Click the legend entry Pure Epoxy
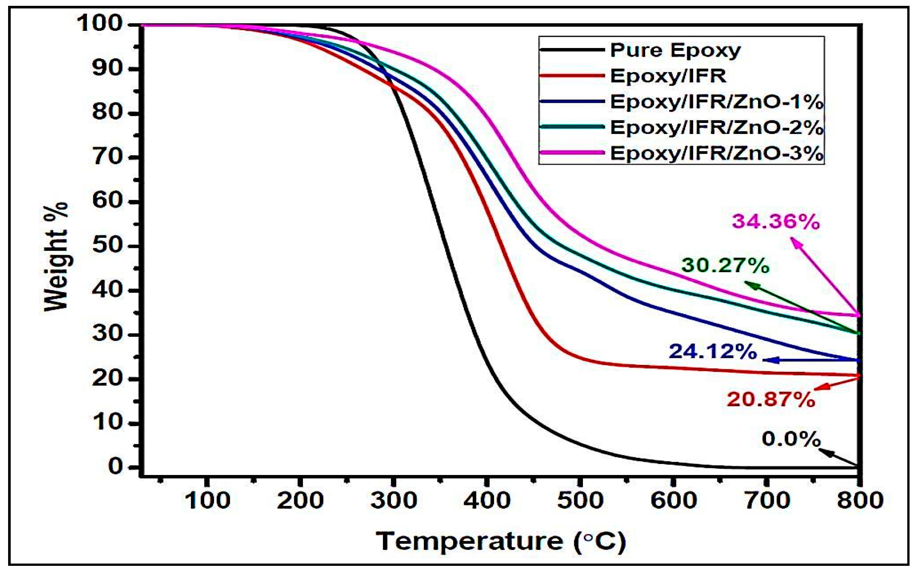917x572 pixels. pyautogui.click(x=675, y=50)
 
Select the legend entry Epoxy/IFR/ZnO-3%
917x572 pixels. pyautogui.click(x=717, y=153)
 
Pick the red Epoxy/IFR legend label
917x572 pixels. pyautogui.click(x=668, y=76)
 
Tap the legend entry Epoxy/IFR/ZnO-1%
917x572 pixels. pyautogui.click(x=717, y=102)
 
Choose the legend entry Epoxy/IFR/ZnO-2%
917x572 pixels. pyautogui.click(x=717, y=128)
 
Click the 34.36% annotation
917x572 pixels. pyautogui.click(x=776, y=222)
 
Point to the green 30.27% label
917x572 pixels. pyautogui.click(x=725, y=266)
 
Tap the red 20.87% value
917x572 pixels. pyautogui.click(x=771, y=400)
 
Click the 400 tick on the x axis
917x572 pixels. pyautogui.click(x=487, y=501)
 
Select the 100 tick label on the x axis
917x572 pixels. pyautogui.click(x=207, y=501)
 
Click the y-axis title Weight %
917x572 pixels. pyautogui.click(x=56, y=257)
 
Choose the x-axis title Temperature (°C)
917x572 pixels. pyautogui.click(x=501, y=542)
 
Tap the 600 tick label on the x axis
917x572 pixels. pyautogui.click(x=673, y=501)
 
